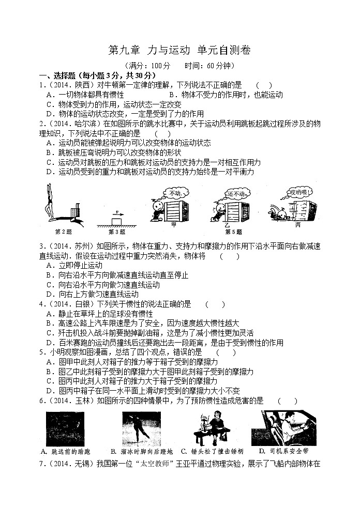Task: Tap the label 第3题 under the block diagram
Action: [x=117, y=231]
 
